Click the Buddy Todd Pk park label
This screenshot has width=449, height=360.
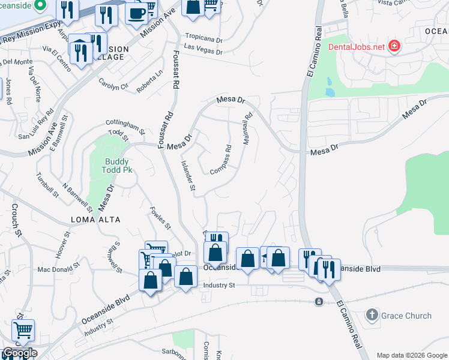coord(118,166)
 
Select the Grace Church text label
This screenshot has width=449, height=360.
coord(407,316)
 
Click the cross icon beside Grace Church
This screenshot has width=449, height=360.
coord(372,315)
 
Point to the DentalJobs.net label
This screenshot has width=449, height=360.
coord(357,46)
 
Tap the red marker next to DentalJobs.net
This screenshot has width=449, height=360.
coord(394,46)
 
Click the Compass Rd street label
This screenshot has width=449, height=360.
coord(221,160)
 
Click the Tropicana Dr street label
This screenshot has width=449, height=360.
coord(203,36)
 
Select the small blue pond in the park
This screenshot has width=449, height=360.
coord(329,88)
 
